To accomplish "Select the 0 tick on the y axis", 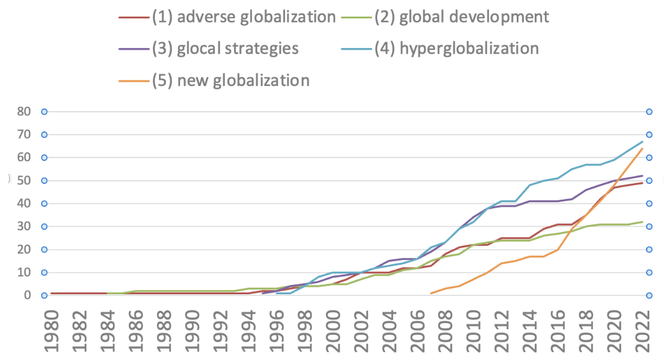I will coord(26,295).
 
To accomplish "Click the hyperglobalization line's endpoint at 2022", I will coord(642,141).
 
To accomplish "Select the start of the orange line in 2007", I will coord(431,293).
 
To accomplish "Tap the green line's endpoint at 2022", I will coord(642,222).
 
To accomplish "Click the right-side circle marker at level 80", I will coord(649,112).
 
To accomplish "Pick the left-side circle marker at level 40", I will coord(44,203).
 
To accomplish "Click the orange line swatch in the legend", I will coord(134,80).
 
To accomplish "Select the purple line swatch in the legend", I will coord(134,49).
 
